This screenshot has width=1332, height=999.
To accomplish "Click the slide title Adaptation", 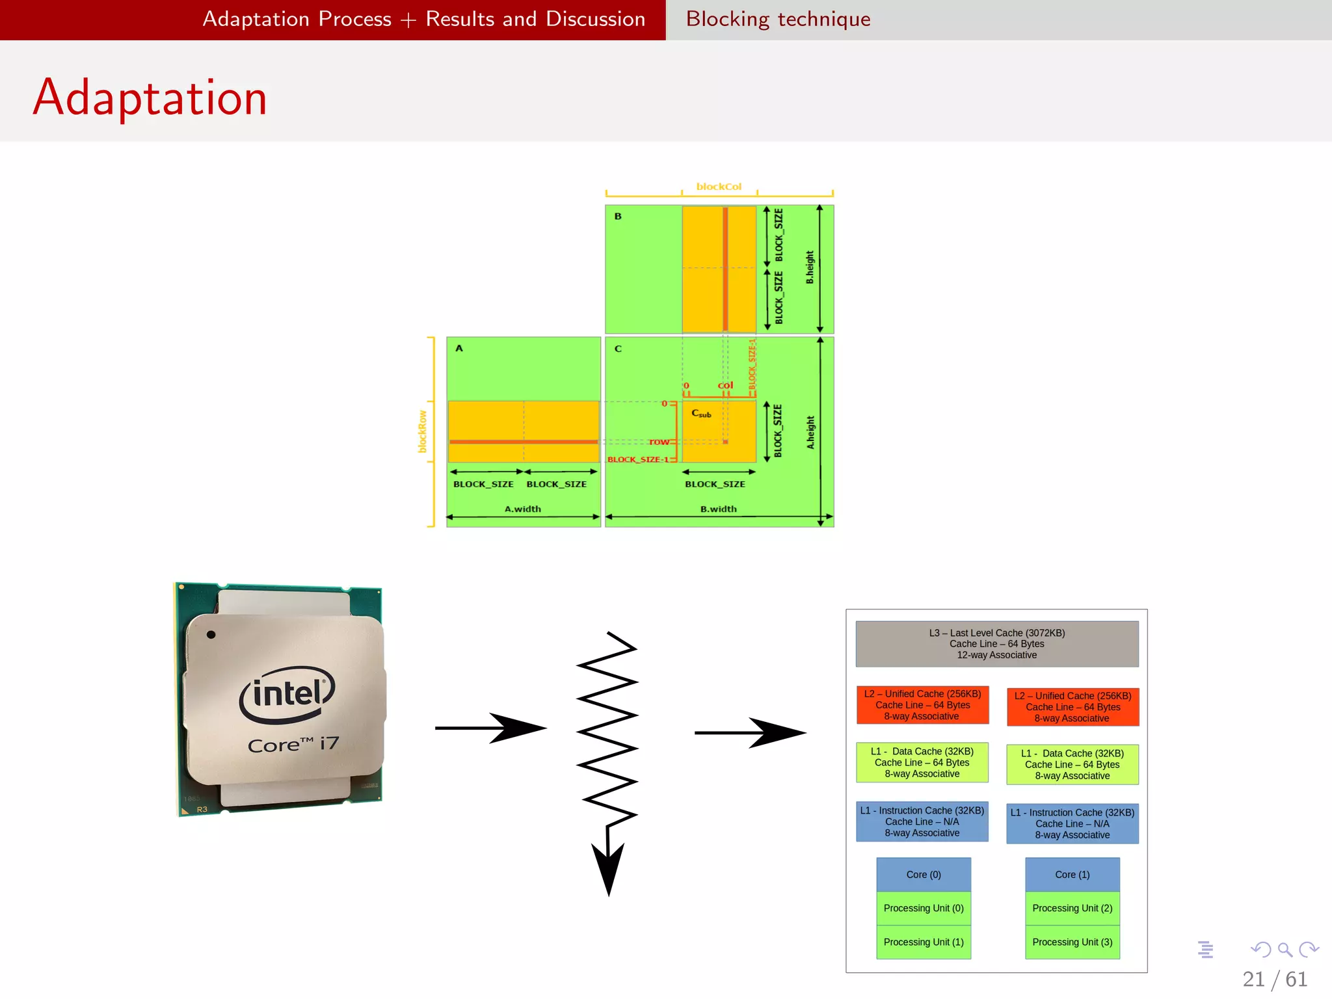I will tap(150, 98).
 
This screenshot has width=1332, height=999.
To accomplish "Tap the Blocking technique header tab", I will tap(778, 19).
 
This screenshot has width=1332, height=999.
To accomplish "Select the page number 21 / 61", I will tap(1274, 979).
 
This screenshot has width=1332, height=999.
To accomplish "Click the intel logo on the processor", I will tap(287, 694).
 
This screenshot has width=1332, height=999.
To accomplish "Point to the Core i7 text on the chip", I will tap(293, 744).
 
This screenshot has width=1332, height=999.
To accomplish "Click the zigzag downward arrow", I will tap(607, 761).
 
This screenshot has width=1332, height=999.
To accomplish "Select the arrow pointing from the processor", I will tap(489, 728).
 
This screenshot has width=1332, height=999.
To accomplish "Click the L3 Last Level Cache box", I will tap(996, 644).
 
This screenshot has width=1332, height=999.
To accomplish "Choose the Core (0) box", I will tap(924, 875).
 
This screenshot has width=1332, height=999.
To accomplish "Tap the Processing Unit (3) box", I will tap(1072, 942).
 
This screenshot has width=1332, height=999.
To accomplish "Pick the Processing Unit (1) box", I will tap(924, 942).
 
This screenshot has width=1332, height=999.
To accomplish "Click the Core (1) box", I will tap(1072, 875).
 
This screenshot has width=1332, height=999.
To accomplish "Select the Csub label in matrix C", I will tap(701, 414).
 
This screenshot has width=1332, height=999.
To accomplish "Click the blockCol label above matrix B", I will tap(719, 187).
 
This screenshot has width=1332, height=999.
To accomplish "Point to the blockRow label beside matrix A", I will tap(423, 431).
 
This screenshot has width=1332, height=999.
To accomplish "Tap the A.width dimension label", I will tap(523, 509).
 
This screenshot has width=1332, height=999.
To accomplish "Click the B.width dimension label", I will tap(718, 509).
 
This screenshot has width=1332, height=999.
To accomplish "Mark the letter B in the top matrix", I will tap(618, 216).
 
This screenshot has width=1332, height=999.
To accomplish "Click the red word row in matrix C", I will tap(659, 442).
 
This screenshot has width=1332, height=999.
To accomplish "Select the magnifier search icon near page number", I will tap(1285, 950).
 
